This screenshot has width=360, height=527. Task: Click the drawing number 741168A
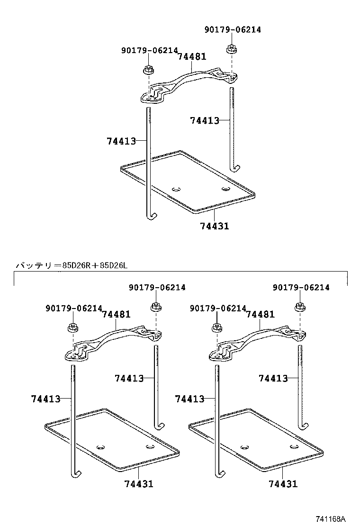pos(331,518)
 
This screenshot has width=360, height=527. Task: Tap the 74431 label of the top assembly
pos(214,227)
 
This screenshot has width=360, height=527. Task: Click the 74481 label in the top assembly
pos(192,57)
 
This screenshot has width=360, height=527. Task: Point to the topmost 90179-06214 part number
pos(233,30)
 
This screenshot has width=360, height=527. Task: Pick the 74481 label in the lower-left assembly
pos(116,314)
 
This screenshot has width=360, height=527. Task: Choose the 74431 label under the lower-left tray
pos(139,484)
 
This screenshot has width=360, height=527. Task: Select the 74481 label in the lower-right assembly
pos(260,314)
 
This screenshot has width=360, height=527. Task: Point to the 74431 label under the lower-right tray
pos(283,484)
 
